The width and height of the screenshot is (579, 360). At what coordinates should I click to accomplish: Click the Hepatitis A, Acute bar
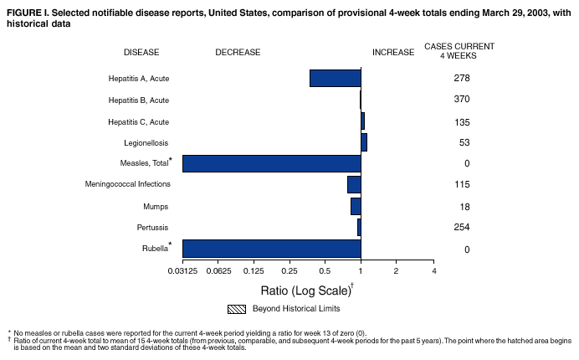pos(335,78)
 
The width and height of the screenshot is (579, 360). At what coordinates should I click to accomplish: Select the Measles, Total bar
pos(271,163)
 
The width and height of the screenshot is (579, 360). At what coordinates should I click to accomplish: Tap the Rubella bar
pos(271,249)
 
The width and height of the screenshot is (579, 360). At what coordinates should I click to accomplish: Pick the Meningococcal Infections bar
pos(354,184)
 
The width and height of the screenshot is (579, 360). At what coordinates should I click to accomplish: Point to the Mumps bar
pos(356,206)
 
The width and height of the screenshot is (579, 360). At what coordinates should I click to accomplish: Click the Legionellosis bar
pos(364,141)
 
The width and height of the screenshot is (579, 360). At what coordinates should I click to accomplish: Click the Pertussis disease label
pos(153,228)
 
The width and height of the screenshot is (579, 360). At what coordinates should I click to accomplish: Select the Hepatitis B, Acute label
pos(139,100)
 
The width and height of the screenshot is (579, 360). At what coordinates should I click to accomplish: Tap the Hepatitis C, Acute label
pos(139,121)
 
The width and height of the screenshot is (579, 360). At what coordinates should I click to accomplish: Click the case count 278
pos(461,78)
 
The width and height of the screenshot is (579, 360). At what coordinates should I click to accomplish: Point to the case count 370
pos(461,100)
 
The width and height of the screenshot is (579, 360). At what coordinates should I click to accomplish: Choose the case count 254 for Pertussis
pos(461,228)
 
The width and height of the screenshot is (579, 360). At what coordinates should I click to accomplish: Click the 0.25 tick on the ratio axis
pos(289,271)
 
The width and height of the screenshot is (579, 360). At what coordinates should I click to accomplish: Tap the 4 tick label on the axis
pos(433,271)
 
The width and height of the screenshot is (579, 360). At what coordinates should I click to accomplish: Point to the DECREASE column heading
pos(237,52)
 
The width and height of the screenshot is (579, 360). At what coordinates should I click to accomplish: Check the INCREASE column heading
pos(392,52)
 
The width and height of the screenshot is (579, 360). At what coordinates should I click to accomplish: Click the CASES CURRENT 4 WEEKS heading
pos(459,49)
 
